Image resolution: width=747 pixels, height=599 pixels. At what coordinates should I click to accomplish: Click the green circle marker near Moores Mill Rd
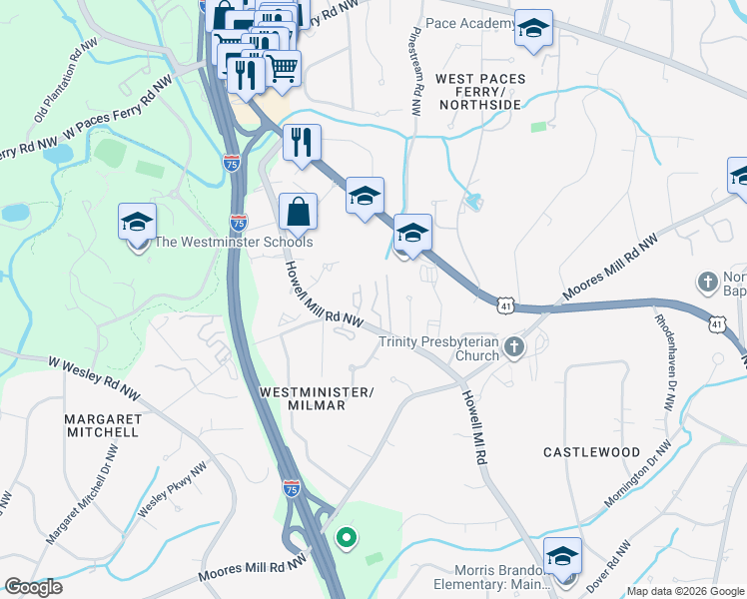[x=347, y=539]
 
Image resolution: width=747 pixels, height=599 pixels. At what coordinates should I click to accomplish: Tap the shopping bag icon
[x=298, y=211]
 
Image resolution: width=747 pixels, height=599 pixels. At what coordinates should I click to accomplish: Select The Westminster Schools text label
[x=234, y=242]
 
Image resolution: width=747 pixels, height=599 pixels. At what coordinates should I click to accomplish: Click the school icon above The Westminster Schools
[x=138, y=222]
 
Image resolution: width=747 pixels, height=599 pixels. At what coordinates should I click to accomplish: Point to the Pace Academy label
[x=470, y=23]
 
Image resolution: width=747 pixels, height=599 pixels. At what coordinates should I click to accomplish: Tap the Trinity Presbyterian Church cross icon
[x=514, y=346]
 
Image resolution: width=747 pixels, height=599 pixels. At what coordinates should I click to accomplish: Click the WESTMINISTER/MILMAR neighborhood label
[x=316, y=398]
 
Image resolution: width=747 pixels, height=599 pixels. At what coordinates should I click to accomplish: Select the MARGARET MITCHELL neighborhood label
[x=103, y=425]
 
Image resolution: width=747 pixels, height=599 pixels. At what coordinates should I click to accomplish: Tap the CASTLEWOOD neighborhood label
[x=591, y=452]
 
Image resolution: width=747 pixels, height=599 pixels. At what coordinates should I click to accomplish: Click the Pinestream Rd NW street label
[x=412, y=71]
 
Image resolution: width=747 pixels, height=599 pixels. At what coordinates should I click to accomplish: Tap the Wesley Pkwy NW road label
[x=173, y=488]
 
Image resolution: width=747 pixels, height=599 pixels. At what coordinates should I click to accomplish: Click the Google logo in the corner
[x=34, y=587]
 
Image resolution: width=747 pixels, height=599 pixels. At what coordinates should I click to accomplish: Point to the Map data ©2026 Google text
[x=685, y=591]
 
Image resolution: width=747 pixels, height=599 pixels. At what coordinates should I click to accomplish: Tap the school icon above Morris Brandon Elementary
[x=562, y=555]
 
